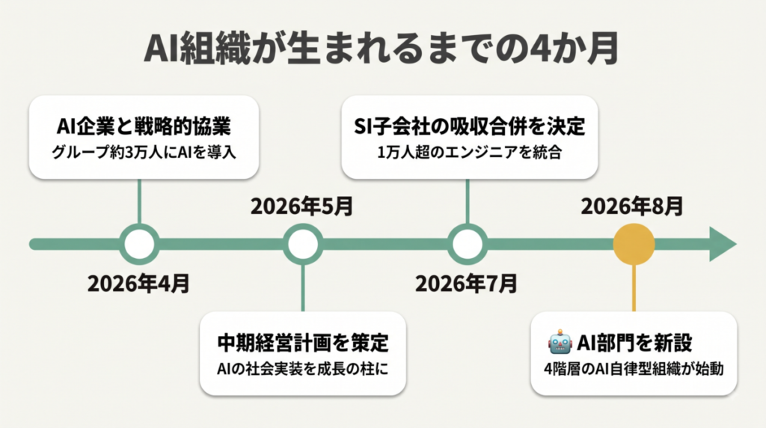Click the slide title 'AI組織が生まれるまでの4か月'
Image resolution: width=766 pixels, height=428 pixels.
tap(382, 49)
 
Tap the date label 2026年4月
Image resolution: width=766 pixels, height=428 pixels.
tap(138, 284)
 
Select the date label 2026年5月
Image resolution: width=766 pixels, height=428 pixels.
tap(302, 207)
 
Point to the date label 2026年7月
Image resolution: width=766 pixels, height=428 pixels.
tap(466, 284)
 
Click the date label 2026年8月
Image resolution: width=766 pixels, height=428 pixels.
tap(632, 207)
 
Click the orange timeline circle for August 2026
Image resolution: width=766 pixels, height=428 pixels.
tap(634, 244)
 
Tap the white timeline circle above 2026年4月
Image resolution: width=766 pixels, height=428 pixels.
tap(140, 244)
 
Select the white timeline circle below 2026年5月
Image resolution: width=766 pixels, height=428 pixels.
tap(303, 244)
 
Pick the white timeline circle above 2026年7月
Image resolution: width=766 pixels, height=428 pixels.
tap(468, 244)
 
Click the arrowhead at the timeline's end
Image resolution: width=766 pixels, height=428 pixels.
tap(722, 244)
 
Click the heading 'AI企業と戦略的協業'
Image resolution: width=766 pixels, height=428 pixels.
tap(144, 126)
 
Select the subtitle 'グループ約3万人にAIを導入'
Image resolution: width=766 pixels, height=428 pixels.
tap(144, 153)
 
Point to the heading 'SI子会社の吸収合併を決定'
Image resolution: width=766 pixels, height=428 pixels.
tap(470, 126)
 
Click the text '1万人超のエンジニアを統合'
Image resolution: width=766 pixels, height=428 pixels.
tap(470, 153)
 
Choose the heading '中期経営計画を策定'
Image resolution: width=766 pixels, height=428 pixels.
tap(303, 343)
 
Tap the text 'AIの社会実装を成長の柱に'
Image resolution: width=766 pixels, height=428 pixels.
tap(303, 369)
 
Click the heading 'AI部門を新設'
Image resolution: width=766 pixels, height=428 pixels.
tap(634, 343)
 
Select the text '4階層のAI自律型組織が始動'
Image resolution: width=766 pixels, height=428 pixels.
tap(634, 369)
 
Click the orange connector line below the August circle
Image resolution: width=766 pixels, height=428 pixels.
tap(634, 288)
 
